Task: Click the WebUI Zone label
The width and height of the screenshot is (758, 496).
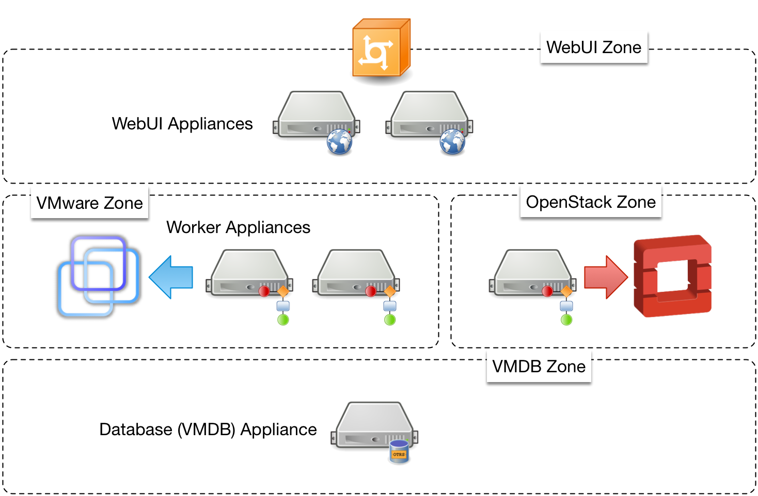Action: pyautogui.click(x=594, y=47)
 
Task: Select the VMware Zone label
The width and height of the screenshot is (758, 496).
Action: pyautogui.click(x=89, y=203)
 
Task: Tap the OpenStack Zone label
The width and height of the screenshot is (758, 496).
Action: pyautogui.click(x=591, y=202)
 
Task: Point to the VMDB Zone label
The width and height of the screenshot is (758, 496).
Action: pyautogui.click(x=539, y=367)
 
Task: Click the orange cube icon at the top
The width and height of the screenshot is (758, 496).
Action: pyautogui.click(x=381, y=49)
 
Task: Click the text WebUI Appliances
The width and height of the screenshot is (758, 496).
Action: pyautogui.click(x=182, y=124)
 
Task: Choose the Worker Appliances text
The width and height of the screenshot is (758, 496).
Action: pyautogui.click(x=238, y=227)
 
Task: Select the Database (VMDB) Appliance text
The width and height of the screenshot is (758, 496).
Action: pyautogui.click(x=208, y=429)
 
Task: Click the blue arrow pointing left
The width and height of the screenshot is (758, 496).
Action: pyautogui.click(x=171, y=277)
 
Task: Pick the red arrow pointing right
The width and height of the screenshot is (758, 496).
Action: pyautogui.click(x=605, y=277)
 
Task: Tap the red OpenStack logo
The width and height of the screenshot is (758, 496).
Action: pyautogui.click(x=672, y=276)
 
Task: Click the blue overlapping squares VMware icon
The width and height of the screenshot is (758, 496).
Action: pyautogui.click(x=99, y=276)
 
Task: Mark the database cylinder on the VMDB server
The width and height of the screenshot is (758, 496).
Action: pyautogui.click(x=399, y=452)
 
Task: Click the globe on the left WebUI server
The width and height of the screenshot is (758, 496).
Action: pyautogui.click(x=339, y=142)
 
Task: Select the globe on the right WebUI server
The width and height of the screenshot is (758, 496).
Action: pyautogui.click(x=452, y=142)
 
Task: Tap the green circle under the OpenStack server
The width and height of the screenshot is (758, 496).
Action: pyautogui.click(x=566, y=320)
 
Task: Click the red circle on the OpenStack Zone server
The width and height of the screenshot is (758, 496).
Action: pyautogui.click(x=547, y=291)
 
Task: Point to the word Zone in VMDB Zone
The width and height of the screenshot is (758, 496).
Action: pyautogui.click(x=566, y=367)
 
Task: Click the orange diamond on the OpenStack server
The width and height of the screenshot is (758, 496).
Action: pyautogui.click(x=566, y=291)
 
